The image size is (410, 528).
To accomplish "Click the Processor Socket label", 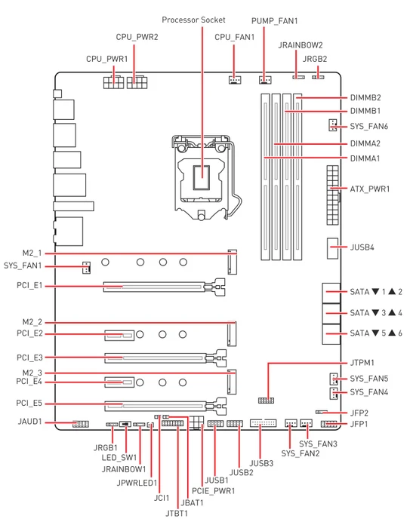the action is (x=193, y=20).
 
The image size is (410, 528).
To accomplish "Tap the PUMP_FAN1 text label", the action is (x=275, y=21).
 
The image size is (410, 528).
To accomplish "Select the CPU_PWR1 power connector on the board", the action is (x=113, y=81).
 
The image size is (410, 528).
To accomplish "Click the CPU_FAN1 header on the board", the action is (x=235, y=80).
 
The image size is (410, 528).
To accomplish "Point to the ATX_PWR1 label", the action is (x=370, y=189).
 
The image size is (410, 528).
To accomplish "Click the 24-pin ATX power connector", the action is (x=332, y=195).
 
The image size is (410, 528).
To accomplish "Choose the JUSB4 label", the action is (x=362, y=247).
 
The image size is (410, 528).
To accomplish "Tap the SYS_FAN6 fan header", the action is (x=333, y=125).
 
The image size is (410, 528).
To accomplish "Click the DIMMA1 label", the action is (x=365, y=158).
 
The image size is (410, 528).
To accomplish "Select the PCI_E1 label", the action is (x=29, y=286).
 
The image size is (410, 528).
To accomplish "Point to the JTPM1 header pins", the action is (x=266, y=401).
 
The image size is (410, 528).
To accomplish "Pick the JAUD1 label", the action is (x=29, y=422).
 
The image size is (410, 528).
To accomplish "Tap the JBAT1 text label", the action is (x=193, y=503).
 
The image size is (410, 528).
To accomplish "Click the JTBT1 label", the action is (x=177, y=514).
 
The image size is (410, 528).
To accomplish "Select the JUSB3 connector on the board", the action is (x=264, y=423).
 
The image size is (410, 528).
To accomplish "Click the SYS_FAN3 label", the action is (x=318, y=444).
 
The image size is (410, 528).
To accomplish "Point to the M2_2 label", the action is (x=32, y=322).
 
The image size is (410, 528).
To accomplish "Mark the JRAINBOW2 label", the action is (x=301, y=45).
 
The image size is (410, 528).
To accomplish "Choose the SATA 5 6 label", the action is (x=376, y=333).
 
